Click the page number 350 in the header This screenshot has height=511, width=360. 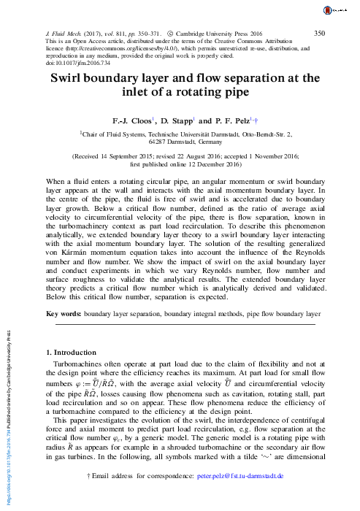(319, 33)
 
